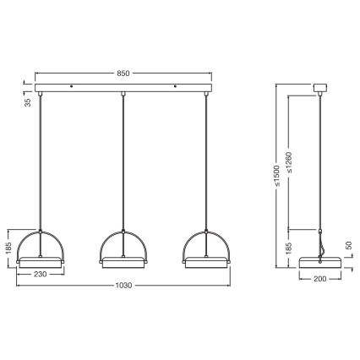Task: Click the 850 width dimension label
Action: (x=123, y=73)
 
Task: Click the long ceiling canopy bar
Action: (x=123, y=88)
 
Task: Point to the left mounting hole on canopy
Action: (x=73, y=86)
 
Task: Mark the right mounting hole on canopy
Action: (x=175, y=86)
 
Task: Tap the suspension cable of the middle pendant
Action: (x=123, y=161)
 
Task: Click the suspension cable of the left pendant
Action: (x=41, y=161)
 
